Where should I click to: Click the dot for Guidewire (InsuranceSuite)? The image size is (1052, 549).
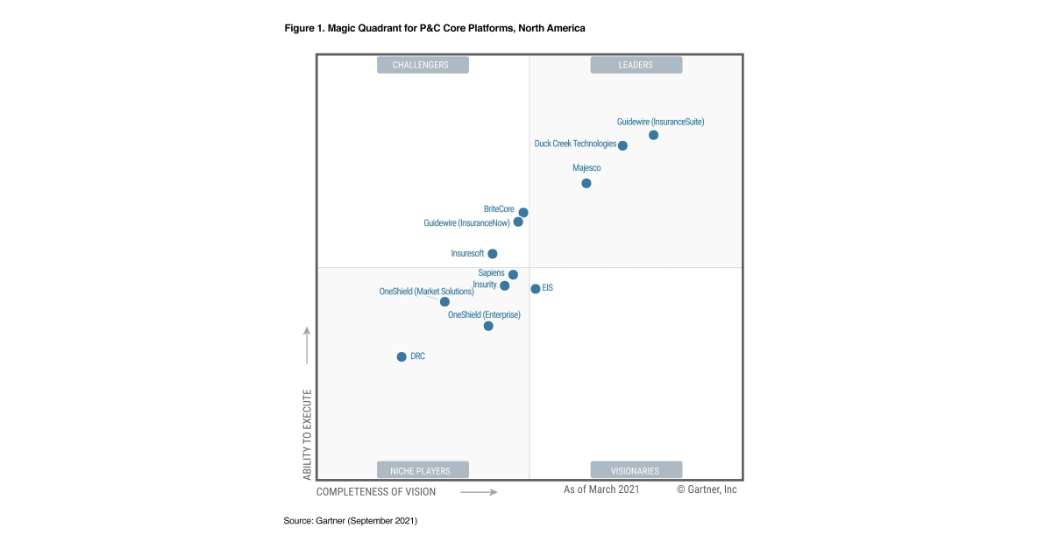[x=653, y=135]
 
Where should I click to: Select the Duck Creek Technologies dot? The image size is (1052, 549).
[x=622, y=145]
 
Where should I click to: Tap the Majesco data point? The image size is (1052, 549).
[x=586, y=183]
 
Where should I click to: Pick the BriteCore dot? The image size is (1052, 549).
[x=523, y=212]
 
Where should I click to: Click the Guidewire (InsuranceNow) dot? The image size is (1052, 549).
[x=518, y=222]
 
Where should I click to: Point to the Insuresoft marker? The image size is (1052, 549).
[x=493, y=254]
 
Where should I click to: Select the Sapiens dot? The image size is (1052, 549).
[x=513, y=275]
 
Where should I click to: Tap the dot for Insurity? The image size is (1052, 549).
[x=504, y=285]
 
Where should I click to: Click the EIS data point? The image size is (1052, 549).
[x=536, y=288]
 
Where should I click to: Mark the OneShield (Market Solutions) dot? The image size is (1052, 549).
[x=444, y=302]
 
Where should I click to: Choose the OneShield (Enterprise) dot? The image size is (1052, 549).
[x=488, y=326]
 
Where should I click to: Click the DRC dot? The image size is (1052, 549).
[x=402, y=356]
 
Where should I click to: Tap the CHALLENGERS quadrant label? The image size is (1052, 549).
[x=423, y=65]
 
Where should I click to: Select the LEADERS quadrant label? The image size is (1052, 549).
[x=636, y=65]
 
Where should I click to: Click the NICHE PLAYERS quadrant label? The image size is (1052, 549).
[x=423, y=470]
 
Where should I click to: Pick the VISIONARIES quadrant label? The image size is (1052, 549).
[x=636, y=470]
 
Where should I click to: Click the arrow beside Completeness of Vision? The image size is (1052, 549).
[x=479, y=492]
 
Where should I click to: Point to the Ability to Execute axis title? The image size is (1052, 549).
[x=307, y=434]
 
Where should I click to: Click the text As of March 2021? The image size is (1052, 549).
[x=601, y=489]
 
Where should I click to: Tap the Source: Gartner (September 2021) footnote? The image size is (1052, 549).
[x=350, y=521]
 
